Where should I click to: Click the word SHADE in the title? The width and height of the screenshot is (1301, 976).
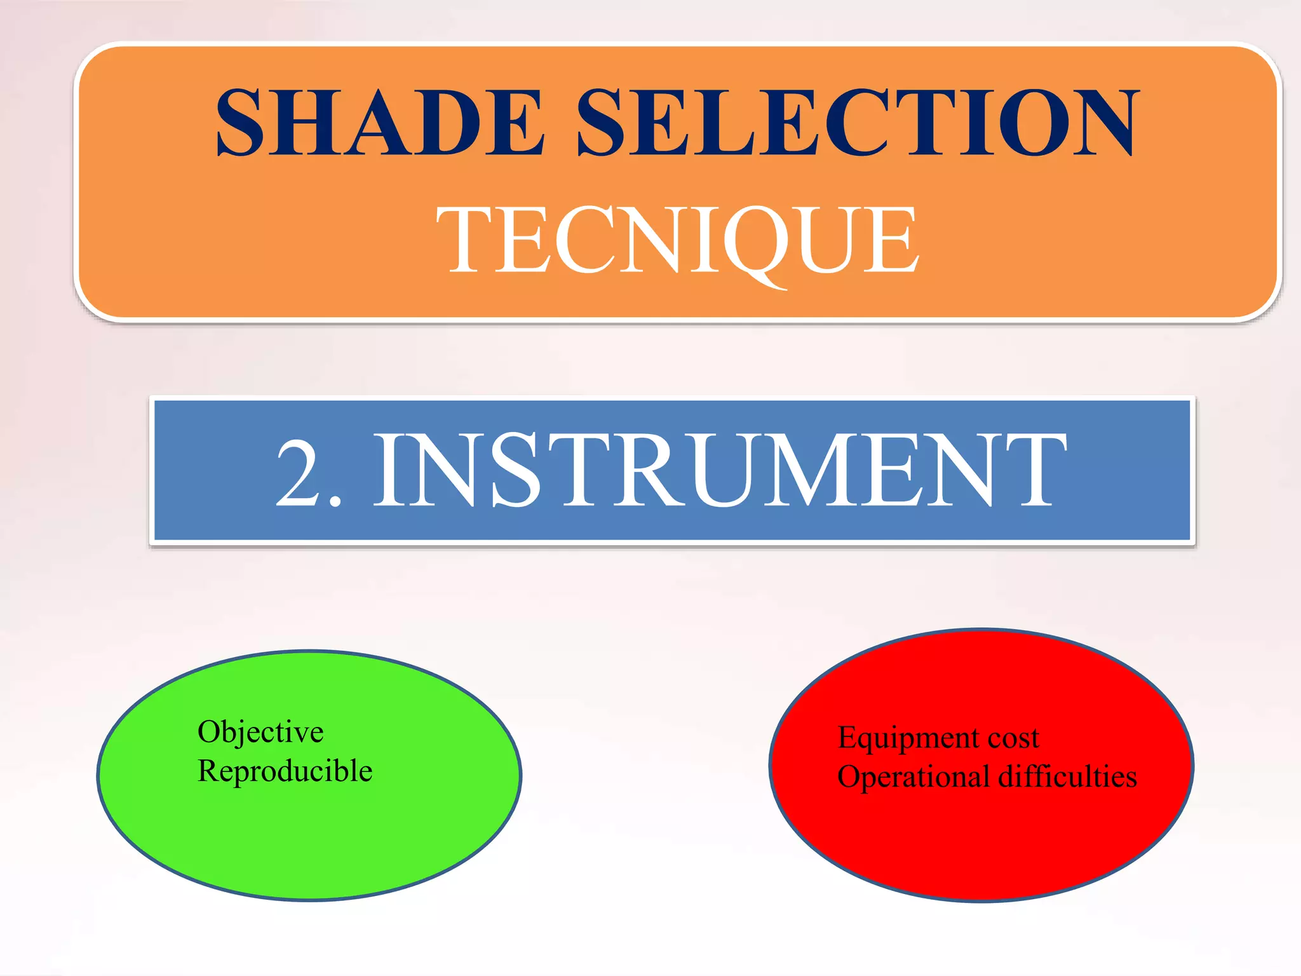380,122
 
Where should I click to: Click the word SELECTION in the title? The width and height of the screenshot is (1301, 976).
857,122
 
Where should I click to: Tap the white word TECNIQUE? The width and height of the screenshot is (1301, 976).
678,240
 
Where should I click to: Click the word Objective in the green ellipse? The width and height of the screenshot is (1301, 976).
260,733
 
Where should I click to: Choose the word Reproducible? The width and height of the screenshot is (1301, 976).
285,771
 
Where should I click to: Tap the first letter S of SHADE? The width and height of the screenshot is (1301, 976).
240,122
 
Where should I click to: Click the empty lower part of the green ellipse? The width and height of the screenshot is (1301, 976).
310,845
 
